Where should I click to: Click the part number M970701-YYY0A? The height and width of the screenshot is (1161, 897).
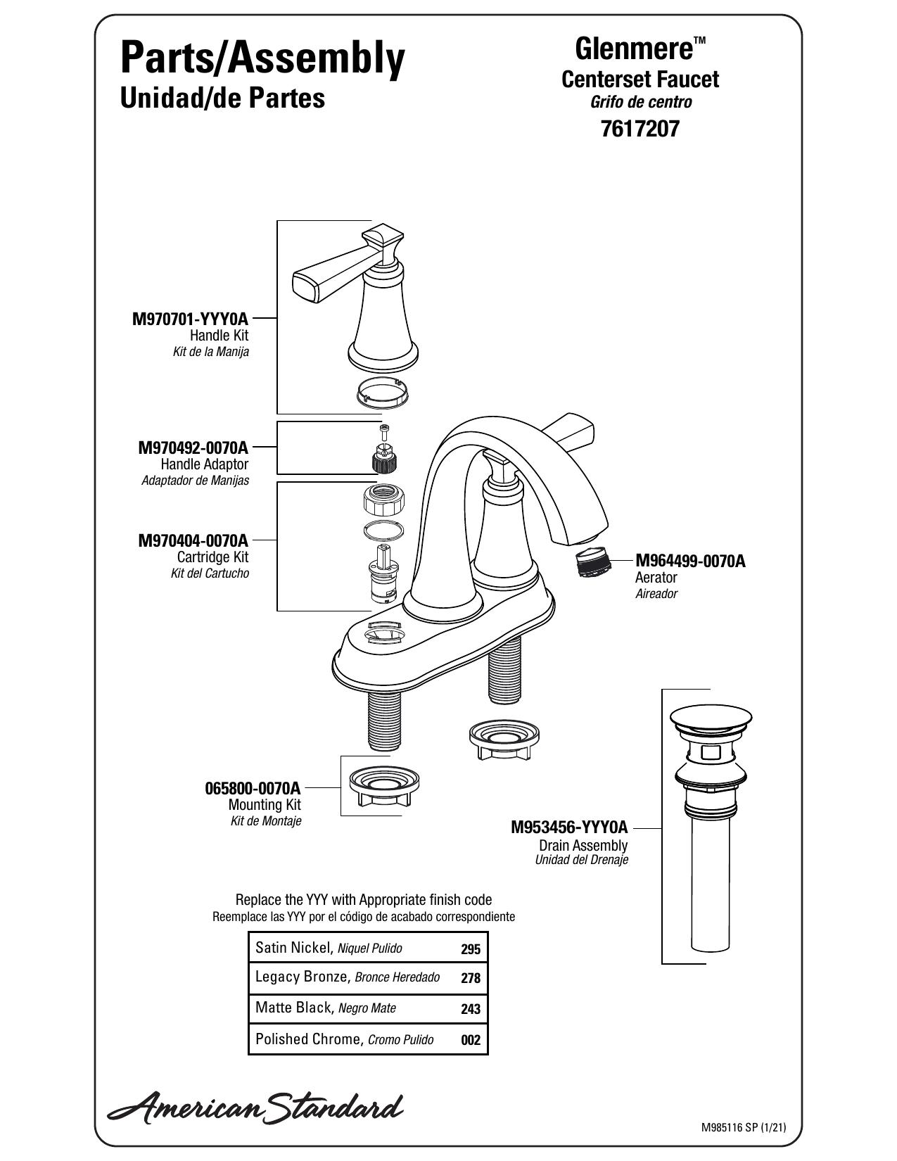[x=190, y=319]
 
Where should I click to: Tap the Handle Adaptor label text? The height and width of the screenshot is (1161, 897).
[x=205, y=464]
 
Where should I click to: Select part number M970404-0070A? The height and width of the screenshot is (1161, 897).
[x=193, y=540]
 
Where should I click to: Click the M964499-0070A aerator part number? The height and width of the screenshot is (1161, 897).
[x=690, y=561]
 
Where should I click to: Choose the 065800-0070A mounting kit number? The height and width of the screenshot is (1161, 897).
[x=253, y=788]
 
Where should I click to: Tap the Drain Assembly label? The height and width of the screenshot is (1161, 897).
[x=583, y=845]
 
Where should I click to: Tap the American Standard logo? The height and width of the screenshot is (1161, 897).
[x=255, y=1104]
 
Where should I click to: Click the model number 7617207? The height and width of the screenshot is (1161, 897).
[x=640, y=129]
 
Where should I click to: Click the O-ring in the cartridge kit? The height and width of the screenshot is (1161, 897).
[x=383, y=531]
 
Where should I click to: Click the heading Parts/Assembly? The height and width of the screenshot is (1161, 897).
[x=263, y=60]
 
